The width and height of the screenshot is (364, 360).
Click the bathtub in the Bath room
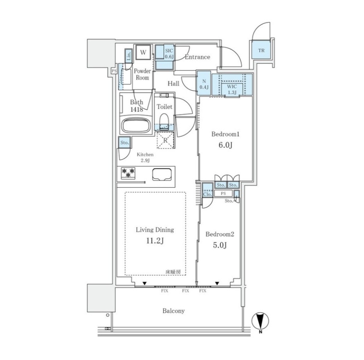tap(136, 125)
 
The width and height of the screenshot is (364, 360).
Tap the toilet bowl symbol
tap(164, 120)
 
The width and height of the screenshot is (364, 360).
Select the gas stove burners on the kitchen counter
tap(128, 173)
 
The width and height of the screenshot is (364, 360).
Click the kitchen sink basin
tap(162, 174)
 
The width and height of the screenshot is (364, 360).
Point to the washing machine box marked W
tap(143, 52)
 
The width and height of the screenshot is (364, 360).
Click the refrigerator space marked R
tap(165, 140)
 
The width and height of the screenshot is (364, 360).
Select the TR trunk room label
tap(261, 50)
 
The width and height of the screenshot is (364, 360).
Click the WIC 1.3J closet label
tap(232, 90)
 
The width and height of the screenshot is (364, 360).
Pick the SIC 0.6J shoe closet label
tap(169, 54)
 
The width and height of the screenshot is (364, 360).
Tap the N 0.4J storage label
tap(204, 84)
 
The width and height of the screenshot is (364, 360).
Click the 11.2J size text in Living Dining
tap(155, 241)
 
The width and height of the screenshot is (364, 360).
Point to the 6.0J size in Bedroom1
tap(225, 145)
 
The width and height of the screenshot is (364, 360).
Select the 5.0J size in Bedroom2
tap(220, 245)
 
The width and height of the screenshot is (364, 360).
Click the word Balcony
tap(173, 311)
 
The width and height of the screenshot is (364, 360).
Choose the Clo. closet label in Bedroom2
tap(207, 194)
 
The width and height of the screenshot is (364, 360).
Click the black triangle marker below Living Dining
tap(145, 283)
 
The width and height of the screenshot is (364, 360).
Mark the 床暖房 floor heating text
tap(173, 272)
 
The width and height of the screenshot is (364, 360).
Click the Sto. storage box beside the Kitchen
tap(125, 143)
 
